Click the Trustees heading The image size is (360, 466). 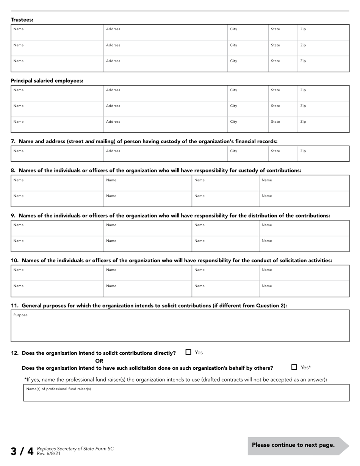pyautogui.click(x=22, y=20)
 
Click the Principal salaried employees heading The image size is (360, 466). pyautogui.click(x=47, y=81)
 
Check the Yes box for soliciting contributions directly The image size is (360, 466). pyautogui.click(x=188, y=352)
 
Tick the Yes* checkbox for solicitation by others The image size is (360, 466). pyautogui.click(x=294, y=367)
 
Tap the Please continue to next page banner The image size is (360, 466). pyautogui.click(x=293, y=445)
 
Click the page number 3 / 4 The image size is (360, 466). pyautogui.click(x=22, y=451)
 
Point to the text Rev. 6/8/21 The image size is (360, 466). pyautogui.click(x=49, y=453)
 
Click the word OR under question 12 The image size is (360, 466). pyautogui.click(x=99, y=361)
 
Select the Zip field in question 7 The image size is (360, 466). pyautogui.click(x=323, y=154)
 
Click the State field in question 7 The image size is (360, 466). pyautogui.click(x=283, y=154)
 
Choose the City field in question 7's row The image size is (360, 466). pyautogui.click(x=247, y=154)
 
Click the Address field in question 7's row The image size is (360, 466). pyautogui.click(x=165, y=154)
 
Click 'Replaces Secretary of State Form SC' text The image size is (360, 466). pyautogui.click(x=75, y=449)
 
